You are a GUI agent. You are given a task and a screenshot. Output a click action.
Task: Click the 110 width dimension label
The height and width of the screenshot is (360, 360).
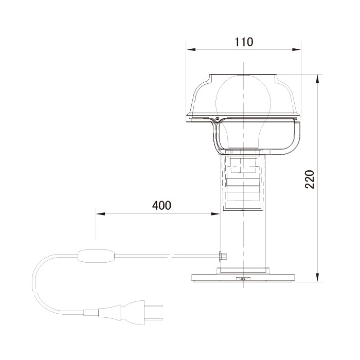point(244,42)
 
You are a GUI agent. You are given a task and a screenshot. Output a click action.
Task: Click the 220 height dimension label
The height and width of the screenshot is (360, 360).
point(310,179)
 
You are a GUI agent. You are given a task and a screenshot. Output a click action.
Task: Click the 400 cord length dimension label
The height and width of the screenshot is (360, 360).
point(161,206)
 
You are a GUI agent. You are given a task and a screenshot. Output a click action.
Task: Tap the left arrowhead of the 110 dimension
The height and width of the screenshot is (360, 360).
point(191,49)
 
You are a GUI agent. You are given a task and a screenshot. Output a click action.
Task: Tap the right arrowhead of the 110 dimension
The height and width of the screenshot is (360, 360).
point(296,49)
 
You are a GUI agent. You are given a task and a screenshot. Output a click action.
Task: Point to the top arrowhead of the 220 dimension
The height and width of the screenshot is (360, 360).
point(317,79)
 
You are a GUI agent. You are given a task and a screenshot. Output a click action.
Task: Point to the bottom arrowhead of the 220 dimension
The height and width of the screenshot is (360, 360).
point(317,277)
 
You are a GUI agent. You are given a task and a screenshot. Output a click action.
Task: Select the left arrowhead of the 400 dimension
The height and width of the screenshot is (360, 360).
point(101,214)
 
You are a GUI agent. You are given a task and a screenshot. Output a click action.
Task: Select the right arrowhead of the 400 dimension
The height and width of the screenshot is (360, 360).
point(215,214)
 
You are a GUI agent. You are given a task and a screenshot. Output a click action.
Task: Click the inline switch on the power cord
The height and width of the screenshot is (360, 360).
point(96,256)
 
